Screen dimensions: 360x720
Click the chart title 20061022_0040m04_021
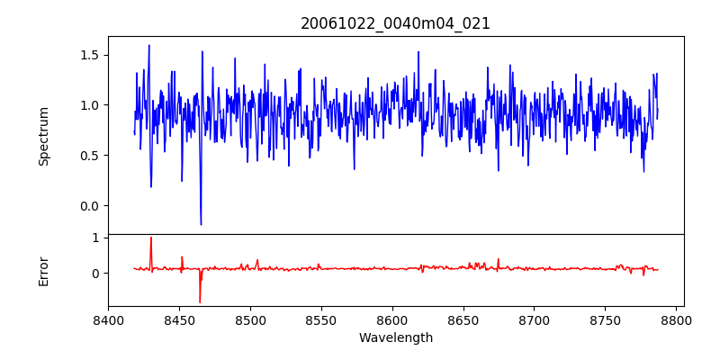395,23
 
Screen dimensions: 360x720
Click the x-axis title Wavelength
395,337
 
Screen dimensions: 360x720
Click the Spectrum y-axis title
43,135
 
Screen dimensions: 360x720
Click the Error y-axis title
43,270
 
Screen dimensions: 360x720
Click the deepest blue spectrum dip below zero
201,224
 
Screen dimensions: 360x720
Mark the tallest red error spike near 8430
151,238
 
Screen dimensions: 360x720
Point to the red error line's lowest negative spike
200,301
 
